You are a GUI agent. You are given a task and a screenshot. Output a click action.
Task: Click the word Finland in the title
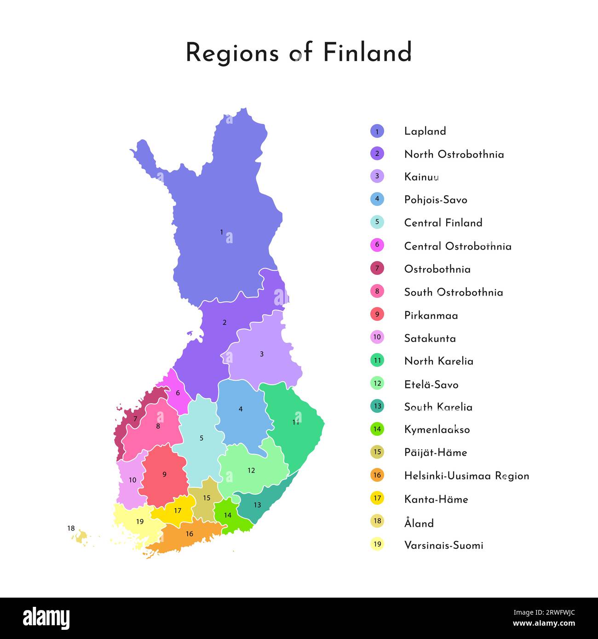point(367,52)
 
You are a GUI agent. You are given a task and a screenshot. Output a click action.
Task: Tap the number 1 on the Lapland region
point(221,233)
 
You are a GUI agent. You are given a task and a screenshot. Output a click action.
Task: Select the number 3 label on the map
point(262,354)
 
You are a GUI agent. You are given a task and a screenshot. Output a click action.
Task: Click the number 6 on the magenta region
point(178,393)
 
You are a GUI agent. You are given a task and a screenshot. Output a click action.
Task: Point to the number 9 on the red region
point(164,474)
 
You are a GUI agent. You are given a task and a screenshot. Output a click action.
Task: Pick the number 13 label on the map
point(257,505)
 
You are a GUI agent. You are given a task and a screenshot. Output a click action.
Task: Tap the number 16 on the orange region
point(189,534)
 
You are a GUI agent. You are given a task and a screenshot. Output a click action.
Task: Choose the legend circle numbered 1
point(377,131)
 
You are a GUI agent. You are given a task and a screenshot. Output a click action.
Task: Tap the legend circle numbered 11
point(377,360)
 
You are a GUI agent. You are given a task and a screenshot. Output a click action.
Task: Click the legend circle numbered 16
point(377,475)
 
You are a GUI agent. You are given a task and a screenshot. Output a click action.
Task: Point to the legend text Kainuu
point(421,177)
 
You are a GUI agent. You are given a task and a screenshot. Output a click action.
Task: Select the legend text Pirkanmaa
point(431,315)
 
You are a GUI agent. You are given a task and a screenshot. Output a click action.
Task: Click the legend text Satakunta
point(430,338)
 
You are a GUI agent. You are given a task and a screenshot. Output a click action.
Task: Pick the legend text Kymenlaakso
point(437,430)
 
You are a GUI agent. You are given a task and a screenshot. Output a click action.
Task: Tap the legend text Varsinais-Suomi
point(443,545)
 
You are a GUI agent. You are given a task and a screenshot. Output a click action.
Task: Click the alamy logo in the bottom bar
point(46,618)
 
